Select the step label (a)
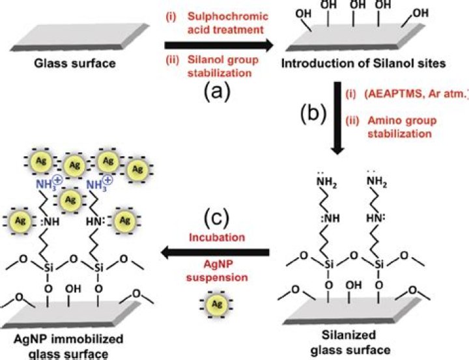click(x=216, y=91)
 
